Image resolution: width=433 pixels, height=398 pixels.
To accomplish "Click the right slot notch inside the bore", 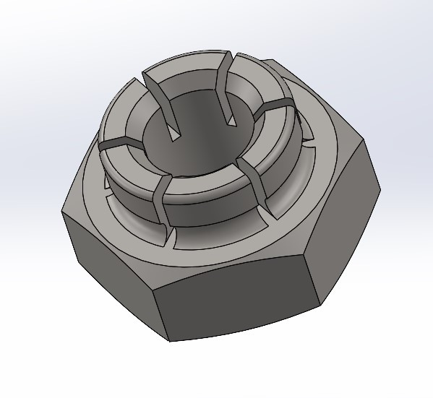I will pos(226,101).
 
